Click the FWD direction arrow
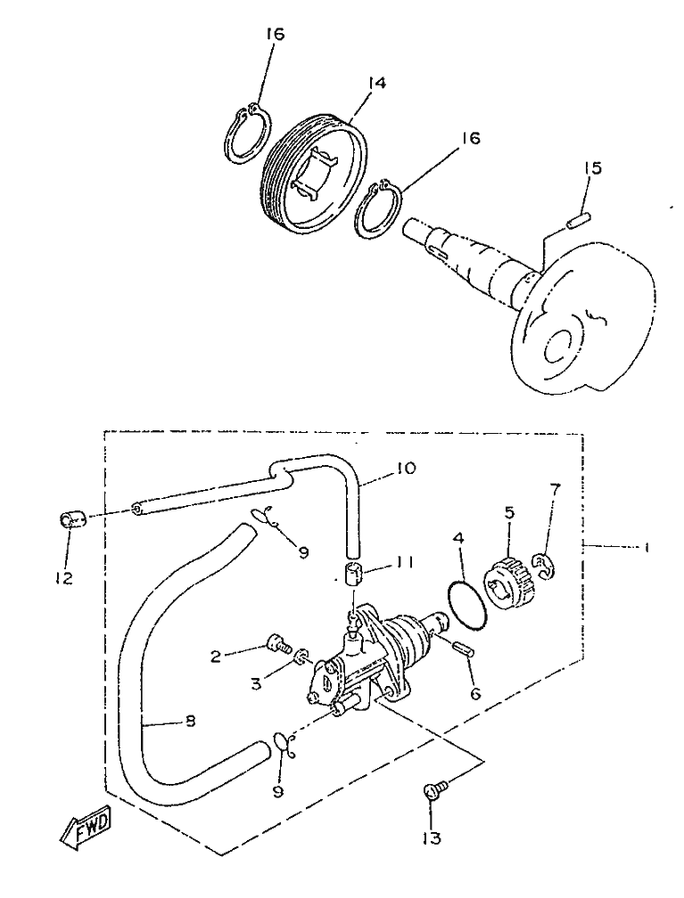[86, 828]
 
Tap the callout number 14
[376, 83]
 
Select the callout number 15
[593, 168]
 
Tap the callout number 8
[191, 721]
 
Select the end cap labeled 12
[72, 519]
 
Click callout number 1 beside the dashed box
[647, 548]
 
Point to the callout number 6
[474, 693]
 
